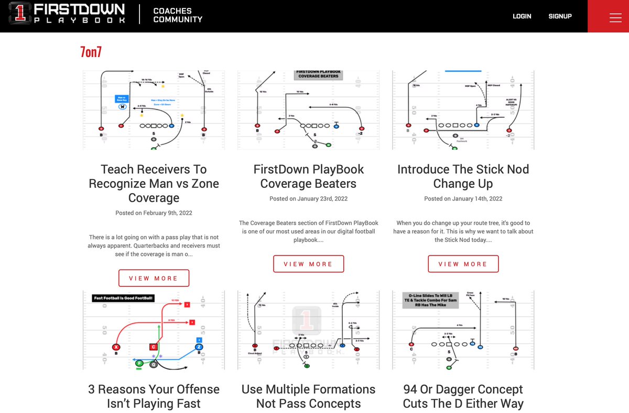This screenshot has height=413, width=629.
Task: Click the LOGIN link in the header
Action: pyautogui.click(x=522, y=16)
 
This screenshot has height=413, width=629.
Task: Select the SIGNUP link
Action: pyautogui.click(x=560, y=16)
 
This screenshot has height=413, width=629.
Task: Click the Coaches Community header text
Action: pyautogui.click(x=178, y=15)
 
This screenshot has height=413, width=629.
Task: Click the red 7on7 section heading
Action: pyautogui.click(x=91, y=52)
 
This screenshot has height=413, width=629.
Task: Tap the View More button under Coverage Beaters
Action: pyautogui.click(x=308, y=264)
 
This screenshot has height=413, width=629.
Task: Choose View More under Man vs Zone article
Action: pyautogui.click(x=154, y=278)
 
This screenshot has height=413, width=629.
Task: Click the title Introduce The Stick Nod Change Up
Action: pyautogui.click(x=463, y=176)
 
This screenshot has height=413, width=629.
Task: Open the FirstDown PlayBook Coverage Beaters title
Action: pyautogui.click(x=308, y=176)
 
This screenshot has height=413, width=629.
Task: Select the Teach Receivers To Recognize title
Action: pyautogui.click(x=154, y=183)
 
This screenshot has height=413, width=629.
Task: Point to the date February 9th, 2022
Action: pyautogui.click(x=154, y=213)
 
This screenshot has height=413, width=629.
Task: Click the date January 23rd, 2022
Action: pyautogui.click(x=308, y=199)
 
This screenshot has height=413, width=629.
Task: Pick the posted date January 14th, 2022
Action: pyautogui.click(x=463, y=199)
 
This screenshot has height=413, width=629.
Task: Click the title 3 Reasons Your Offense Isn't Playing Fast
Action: pyautogui.click(x=154, y=396)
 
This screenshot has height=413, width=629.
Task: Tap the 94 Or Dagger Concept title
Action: pyautogui.click(x=463, y=396)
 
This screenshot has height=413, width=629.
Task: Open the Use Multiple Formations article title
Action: pyautogui.click(x=308, y=396)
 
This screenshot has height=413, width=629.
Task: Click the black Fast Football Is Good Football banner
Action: pyautogui.click(x=123, y=298)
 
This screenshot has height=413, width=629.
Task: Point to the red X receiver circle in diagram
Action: pyautogui.click(x=116, y=347)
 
